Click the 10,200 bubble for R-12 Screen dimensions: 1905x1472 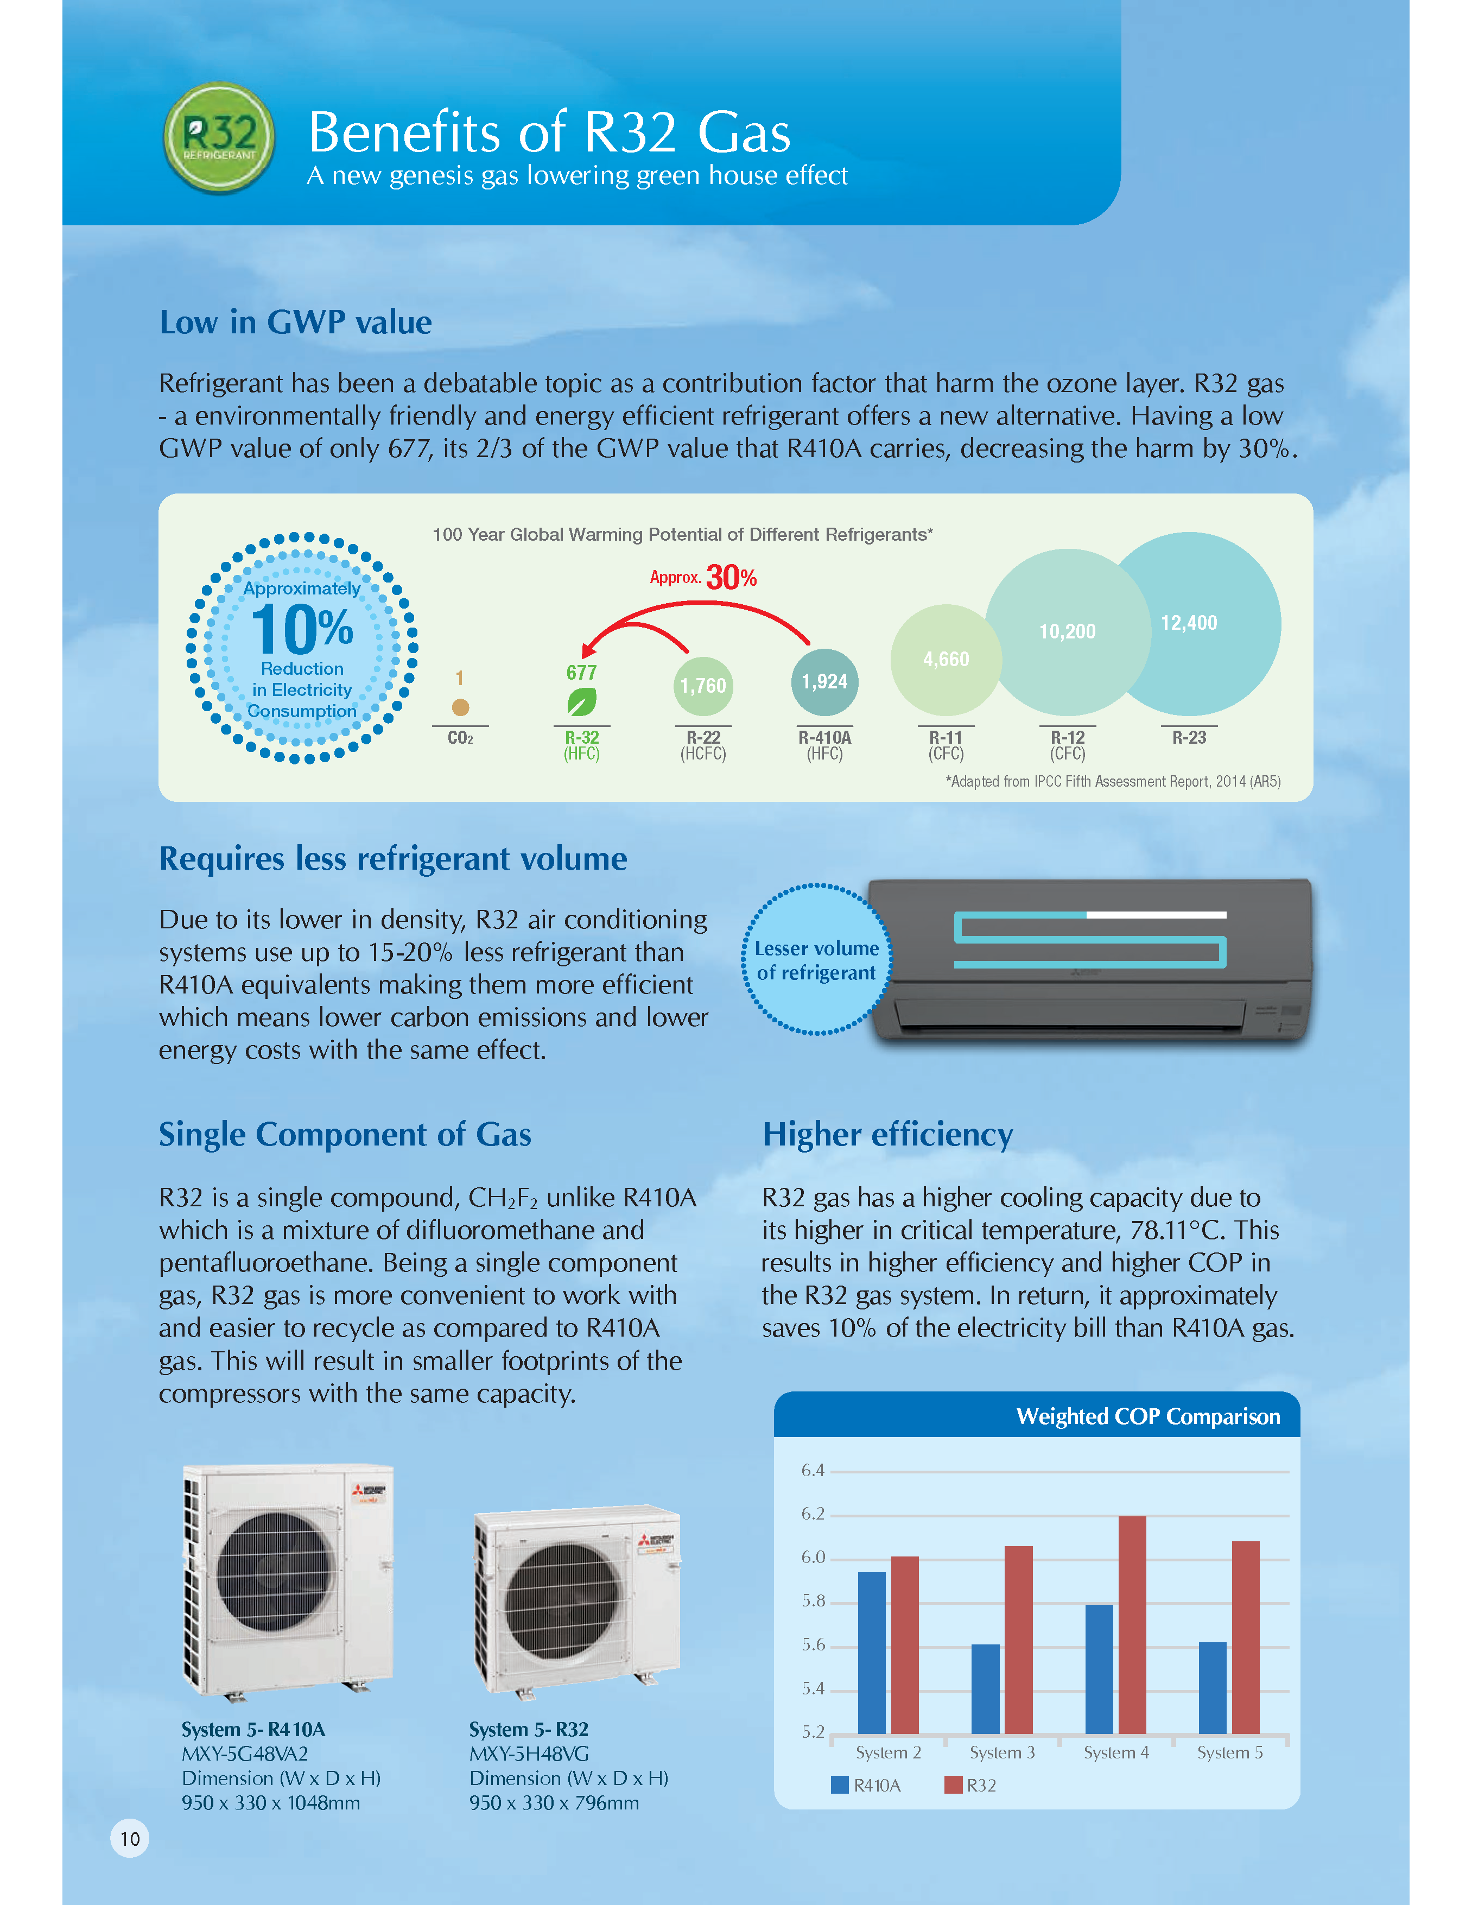[x=1068, y=631]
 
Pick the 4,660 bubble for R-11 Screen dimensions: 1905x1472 [x=946, y=660]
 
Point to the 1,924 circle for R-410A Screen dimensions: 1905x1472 [x=824, y=682]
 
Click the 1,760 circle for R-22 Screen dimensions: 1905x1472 [x=703, y=686]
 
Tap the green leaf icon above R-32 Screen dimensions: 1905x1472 [x=582, y=701]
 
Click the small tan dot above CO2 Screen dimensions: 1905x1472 [x=460, y=707]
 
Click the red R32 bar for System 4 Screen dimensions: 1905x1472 [x=1132, y=1624]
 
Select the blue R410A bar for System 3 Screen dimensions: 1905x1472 [x=985, y=1689]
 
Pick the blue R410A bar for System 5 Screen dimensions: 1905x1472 [x=1212, y=1688]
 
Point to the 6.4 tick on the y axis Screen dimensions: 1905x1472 [x=813, y=1471]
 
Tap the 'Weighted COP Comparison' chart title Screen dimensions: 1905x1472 [x=1147, y=1416]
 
